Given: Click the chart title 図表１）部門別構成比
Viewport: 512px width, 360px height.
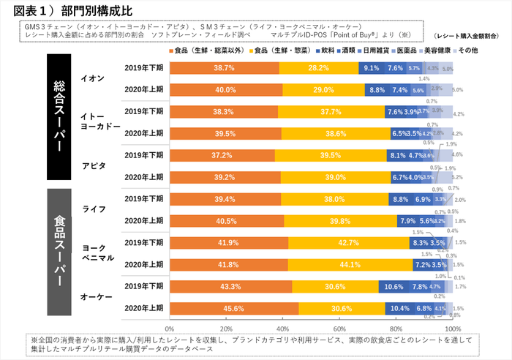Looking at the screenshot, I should pos(70,10).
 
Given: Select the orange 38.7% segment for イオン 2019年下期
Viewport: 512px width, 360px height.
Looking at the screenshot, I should pos(224,68).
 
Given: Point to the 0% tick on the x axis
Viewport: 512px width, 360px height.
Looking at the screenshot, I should pos(170,320).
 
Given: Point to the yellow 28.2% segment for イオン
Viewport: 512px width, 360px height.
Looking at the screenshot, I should pos(318,68).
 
